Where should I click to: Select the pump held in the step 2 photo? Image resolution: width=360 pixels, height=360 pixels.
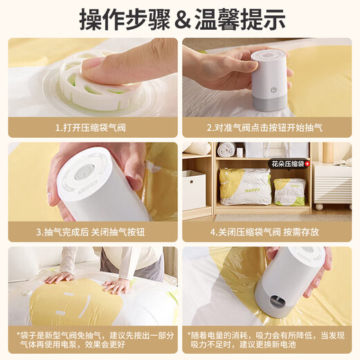tap(268, 80)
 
